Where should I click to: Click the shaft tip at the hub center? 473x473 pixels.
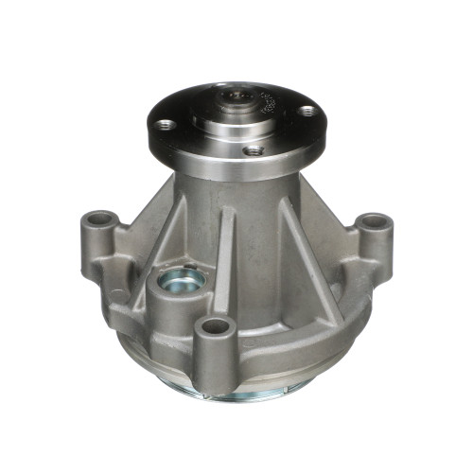239,96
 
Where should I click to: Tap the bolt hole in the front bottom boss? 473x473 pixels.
217,326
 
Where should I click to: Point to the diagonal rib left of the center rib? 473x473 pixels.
175,227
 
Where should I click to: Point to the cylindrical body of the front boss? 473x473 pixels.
217,350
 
